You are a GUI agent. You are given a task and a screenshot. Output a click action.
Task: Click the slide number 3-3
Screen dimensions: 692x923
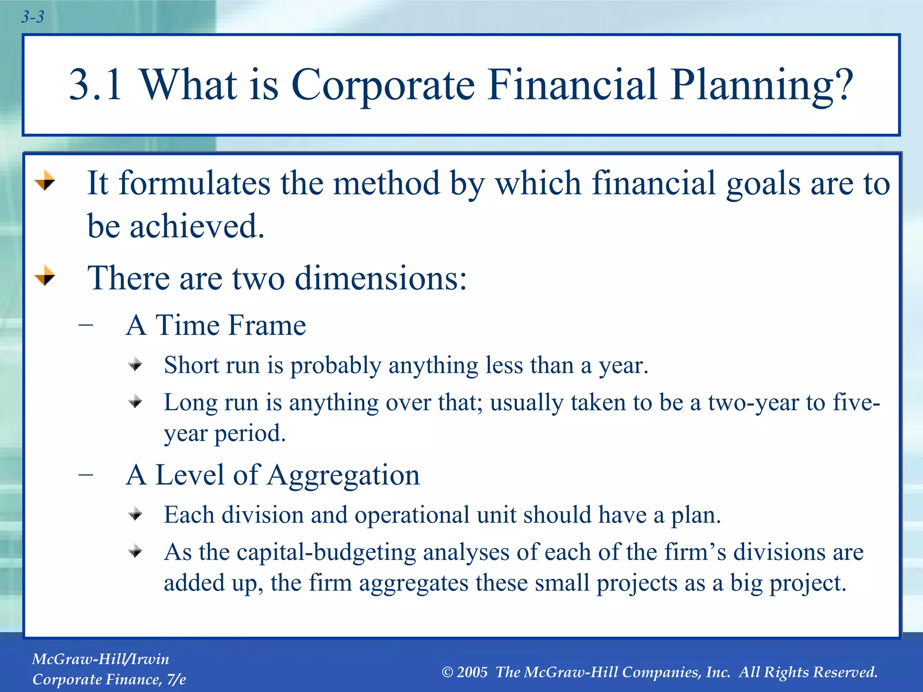tap(32, 17)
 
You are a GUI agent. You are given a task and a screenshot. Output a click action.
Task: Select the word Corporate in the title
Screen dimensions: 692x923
tap(383, 85)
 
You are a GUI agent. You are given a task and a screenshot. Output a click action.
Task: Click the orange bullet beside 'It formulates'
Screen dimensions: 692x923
tap(45, 181)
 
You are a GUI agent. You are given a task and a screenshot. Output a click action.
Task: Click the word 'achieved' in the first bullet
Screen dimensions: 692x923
tap(197, 226)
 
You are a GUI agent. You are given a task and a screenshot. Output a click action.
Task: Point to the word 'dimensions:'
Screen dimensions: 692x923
tap(381, 278)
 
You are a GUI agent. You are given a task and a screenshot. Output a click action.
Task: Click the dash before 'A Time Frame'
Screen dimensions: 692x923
tap(86, 325)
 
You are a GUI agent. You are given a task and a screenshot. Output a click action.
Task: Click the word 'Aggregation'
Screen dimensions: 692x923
tap(343, 475)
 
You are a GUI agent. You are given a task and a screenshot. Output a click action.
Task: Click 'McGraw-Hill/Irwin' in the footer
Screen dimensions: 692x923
tap(101, 659)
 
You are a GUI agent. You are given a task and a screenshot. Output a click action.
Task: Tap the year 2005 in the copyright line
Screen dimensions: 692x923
tap(472, 672)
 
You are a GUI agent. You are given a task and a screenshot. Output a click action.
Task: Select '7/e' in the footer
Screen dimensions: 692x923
tap(176, 679)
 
